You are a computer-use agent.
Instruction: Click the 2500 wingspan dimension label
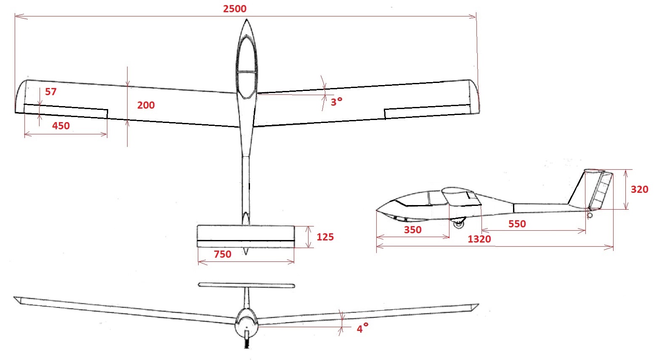(x=235, y=9)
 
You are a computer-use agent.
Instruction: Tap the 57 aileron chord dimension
(x=51, y=92)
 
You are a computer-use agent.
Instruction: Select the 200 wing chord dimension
(x=146, y=105)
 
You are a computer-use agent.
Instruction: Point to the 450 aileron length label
(x=61, y=126)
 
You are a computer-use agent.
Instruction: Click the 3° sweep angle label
(x=336, y=102)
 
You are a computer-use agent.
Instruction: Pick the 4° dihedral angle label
(x=362, y=329)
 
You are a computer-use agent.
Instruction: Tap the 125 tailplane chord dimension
(x=325, y=237)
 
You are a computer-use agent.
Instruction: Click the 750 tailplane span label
(x=223, y=254)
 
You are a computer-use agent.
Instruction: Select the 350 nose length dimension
(x=413, y=230)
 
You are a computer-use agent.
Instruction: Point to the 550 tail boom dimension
(x=517, y=224)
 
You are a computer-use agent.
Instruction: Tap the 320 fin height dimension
(x=639, y=189)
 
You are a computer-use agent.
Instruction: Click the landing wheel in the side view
(x=458, y=224)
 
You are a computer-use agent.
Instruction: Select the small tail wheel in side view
(x=590, y=216)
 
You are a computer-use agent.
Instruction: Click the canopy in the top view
(x=247, y=63)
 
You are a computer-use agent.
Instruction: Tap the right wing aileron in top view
(x=427, y=112)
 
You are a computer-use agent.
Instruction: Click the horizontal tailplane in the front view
(x=246, y=285)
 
